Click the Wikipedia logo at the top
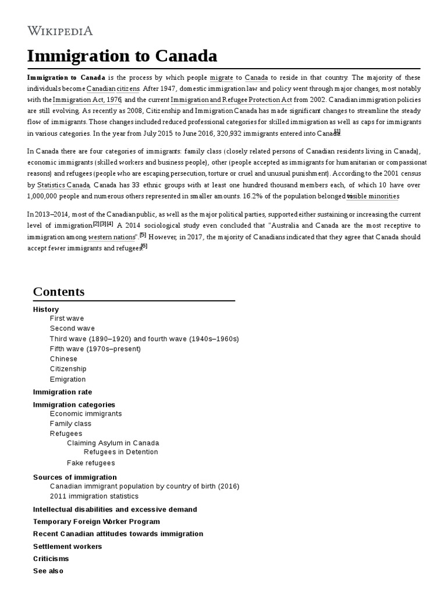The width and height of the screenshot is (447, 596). tap(60, 31)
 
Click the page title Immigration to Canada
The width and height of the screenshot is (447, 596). tap(122, 56)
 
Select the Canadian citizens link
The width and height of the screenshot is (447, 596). tap(113, 89)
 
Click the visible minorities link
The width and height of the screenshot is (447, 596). tap(372, 196)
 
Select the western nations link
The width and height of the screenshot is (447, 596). tap(113, 237)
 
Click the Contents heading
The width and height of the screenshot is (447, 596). tap(59, 292)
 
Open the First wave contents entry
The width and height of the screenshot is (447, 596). tap(67, 318)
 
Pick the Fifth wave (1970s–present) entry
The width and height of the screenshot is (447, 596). tap(95, 349)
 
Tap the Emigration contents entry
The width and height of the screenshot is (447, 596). tap(68, 379)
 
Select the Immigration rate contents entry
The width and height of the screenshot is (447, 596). tap(62, 392)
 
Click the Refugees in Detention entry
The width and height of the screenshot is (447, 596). tap(120, 452)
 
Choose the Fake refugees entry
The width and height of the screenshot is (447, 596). tap(91, 463)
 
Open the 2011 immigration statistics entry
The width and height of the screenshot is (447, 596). tap(94, 496)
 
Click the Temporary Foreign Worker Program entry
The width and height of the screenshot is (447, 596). tap(97, 521)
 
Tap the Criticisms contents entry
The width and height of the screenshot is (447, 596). tap(51, 559)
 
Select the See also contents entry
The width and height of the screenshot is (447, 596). tap(48, 571)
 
